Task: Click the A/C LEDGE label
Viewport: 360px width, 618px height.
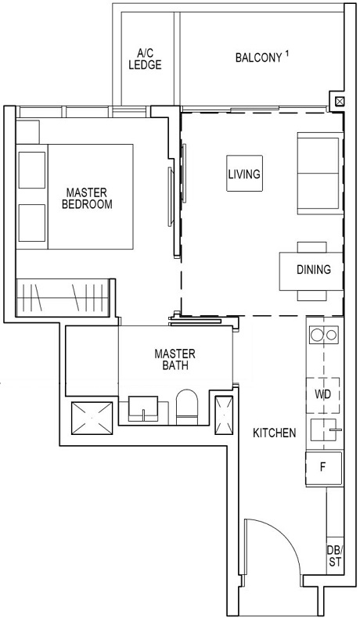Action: (145, 59)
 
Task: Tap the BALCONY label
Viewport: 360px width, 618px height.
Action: (257, 58)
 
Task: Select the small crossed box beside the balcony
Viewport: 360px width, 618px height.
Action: (338, 101)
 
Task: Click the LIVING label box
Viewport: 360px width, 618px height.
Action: (243, 174)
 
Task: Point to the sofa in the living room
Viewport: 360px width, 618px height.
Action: (319, 173)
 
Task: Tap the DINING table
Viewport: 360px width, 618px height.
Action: (312, 270)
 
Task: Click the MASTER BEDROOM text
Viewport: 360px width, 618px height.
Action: (87, 198)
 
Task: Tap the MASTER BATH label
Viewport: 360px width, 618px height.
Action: (175, 360)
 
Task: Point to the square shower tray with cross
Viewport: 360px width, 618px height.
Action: (91, 419)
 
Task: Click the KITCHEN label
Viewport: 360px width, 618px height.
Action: (274, 433)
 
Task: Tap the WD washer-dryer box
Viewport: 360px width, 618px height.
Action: (323, 394)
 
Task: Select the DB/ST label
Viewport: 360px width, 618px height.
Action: (334, 555)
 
